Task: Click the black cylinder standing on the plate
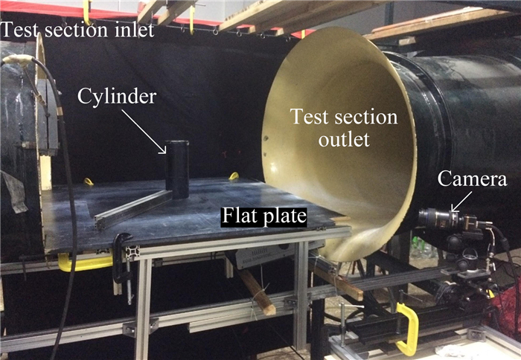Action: pos(177,170)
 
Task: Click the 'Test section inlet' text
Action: pos(77,30)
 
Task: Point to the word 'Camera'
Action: pos(473,179)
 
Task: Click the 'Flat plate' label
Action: pos(264,217)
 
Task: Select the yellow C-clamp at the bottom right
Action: pos(409,327)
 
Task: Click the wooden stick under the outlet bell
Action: pos(257,292)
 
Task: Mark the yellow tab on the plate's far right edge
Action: pos(234,176)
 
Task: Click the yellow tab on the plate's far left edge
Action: pos(88,181)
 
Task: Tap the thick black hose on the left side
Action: pos(67,223)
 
